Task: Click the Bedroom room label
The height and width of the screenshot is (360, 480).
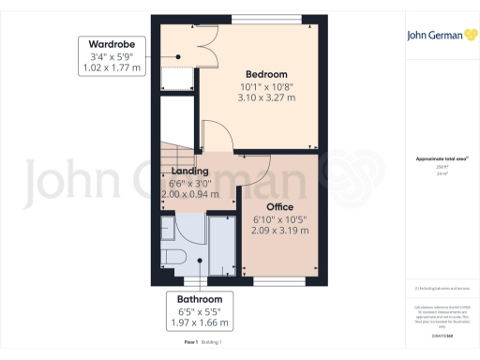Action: coord(266,74)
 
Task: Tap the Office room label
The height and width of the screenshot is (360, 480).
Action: coord(280,207)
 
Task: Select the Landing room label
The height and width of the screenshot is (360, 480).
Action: coord(190,172)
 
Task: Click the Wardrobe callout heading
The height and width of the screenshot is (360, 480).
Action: coord(112,44)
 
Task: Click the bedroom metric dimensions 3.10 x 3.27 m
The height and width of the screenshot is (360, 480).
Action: coord(266,97)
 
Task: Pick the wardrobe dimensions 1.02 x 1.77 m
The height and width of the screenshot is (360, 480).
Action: coord(112,67)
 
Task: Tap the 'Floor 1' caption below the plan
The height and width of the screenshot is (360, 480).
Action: coord(191,343)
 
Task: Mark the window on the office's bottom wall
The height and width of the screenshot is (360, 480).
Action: coord(280,280)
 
